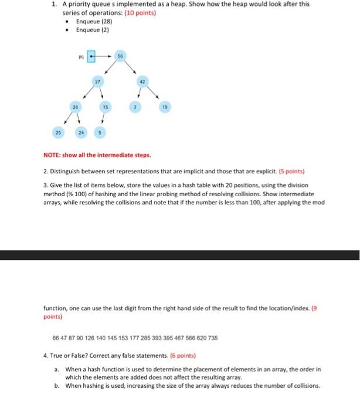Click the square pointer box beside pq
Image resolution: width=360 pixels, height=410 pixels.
(x=91, y=57)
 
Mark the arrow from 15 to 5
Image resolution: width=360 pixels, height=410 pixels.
(x=103, y=121)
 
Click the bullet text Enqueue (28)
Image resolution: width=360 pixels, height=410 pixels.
(x=94, y=20)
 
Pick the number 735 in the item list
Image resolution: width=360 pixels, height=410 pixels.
(x=212, y=337)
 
